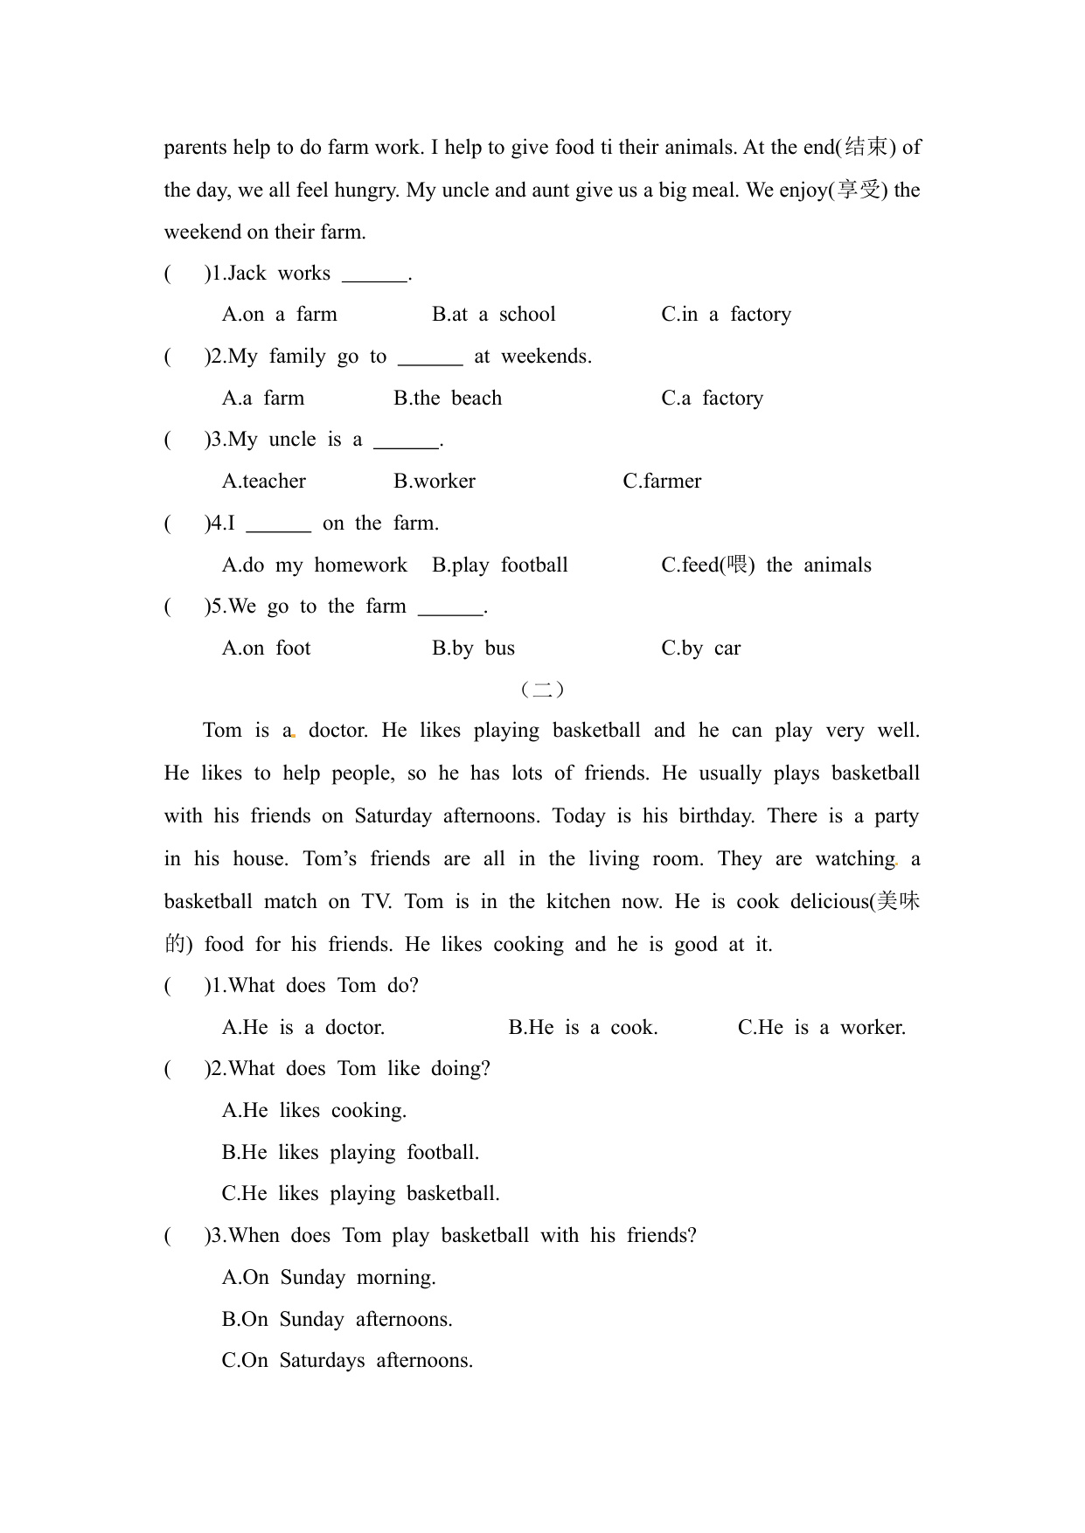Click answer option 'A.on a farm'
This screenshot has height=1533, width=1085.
tap(279, 315)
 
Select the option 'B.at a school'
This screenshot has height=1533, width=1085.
tap(493, 315)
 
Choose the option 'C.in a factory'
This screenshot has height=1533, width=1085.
tap(726, 315)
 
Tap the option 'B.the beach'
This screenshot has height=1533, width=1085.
tap(448, 399)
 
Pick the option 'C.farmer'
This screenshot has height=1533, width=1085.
tap(662, 482)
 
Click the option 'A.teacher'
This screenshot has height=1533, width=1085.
tap(264, 482)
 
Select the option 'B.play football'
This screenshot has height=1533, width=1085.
tap(499, 565)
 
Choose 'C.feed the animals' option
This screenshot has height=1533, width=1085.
tap(766, 565)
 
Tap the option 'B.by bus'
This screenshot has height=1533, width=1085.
tap(473, 649)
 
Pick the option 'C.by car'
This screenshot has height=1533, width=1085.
tap(700, 649)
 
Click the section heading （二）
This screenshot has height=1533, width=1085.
tap(542, 690)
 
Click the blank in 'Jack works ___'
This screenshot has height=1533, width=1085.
tap(374, 275)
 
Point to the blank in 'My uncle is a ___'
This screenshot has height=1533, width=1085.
tap(406, 441)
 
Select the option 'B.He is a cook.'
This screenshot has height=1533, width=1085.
tap(583, 1028)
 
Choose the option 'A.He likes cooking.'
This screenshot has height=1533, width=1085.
tap(314, 1111)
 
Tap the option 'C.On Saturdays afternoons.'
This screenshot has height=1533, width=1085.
tap(347, 1361)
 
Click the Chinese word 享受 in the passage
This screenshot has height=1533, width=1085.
tap(859, 190)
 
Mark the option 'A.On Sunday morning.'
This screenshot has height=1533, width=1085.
tap(329, 1278)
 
